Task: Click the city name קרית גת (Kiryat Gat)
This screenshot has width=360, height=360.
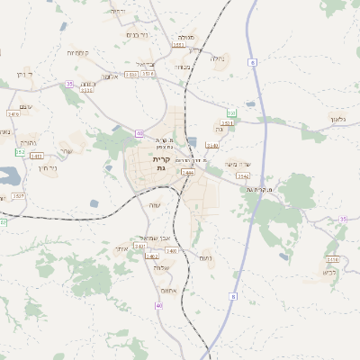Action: pos(161,163)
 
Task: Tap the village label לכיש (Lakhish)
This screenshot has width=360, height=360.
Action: pos(330,271)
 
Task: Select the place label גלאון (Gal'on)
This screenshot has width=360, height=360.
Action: pos(337,118)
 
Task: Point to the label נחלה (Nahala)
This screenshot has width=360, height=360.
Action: pos(217,59)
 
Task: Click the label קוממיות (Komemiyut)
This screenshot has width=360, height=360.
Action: pos(76,53)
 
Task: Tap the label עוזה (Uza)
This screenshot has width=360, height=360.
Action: pos(154,205)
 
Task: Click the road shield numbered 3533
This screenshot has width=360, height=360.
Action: pos(131,74)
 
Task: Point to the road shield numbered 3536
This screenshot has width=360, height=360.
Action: pos(87,90)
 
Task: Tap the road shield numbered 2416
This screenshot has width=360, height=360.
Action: pos(13,114)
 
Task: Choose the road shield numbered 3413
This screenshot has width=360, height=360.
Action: pos(36,156)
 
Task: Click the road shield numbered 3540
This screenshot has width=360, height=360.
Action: pos(212,145)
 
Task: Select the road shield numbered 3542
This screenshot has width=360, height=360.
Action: pos(243,175)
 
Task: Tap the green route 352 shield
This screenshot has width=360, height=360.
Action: pos(20,152)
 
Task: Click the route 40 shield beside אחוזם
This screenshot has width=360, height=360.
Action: pos(159,306)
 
